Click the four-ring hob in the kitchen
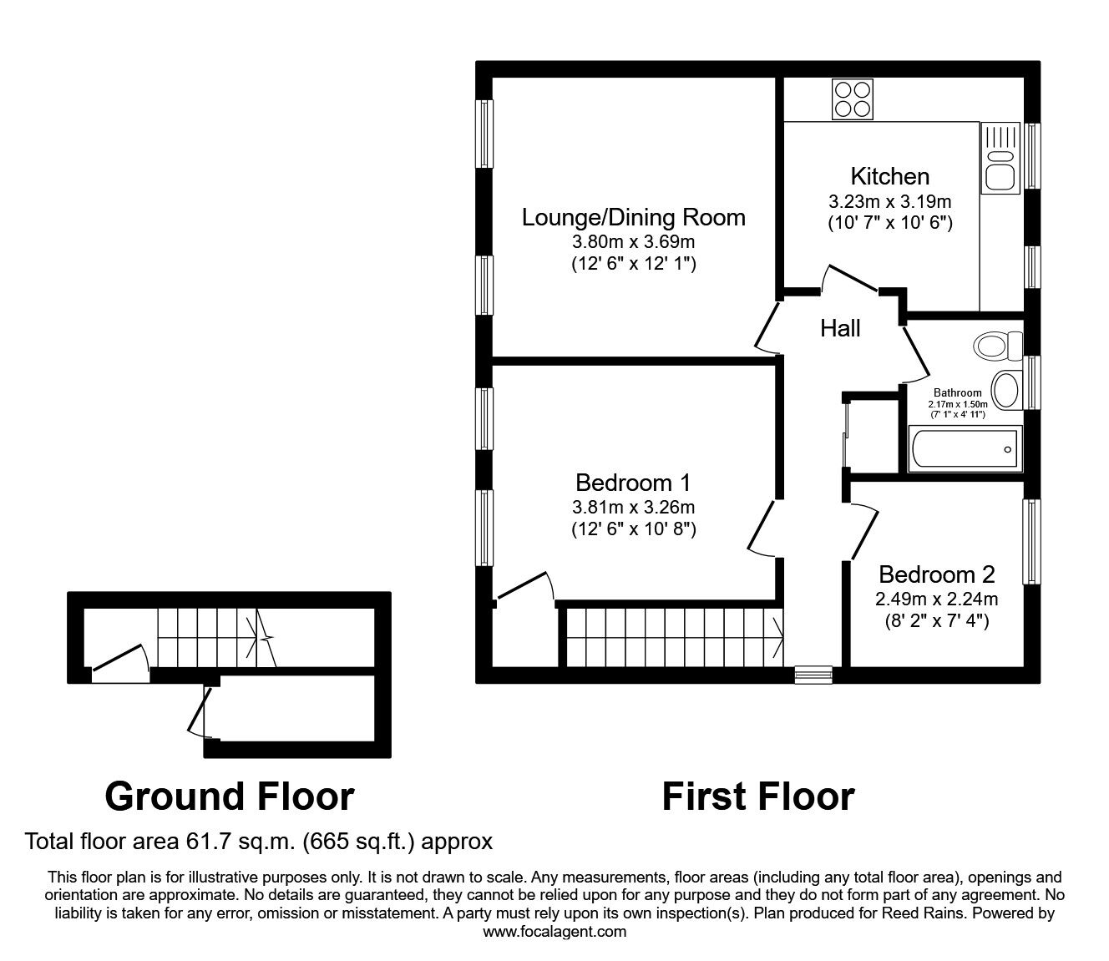[x=852, y=99]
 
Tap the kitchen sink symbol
[x=1000, y=158]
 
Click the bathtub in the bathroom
[x=964, y=449]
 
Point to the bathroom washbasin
[x=1005, y=390]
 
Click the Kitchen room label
[x=889, y=176]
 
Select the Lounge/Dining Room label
[x=633, y=217]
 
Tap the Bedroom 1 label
[x=633, y=483]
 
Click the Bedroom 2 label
[x=937, y=574]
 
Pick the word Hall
[x=840, y=328]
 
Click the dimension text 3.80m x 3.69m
[x=633, y=242]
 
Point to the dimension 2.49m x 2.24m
[x=937, y=599]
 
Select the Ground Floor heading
[x=230, y=797]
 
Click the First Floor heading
[x=758, y=797]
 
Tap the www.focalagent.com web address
[x=554, y=932]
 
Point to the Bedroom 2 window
[x=1032, y=542]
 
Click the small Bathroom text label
[x=957, y=392]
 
